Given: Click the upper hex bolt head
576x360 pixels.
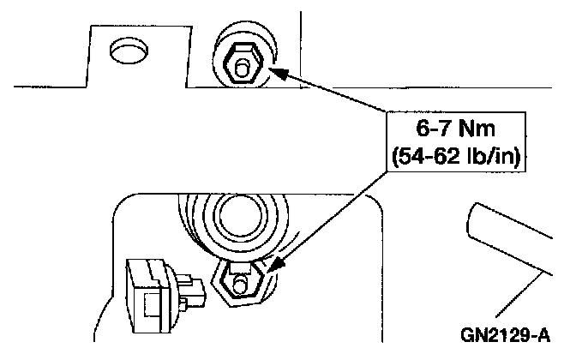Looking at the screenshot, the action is [243, 62].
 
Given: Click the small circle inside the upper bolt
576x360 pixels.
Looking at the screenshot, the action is [243, 64].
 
